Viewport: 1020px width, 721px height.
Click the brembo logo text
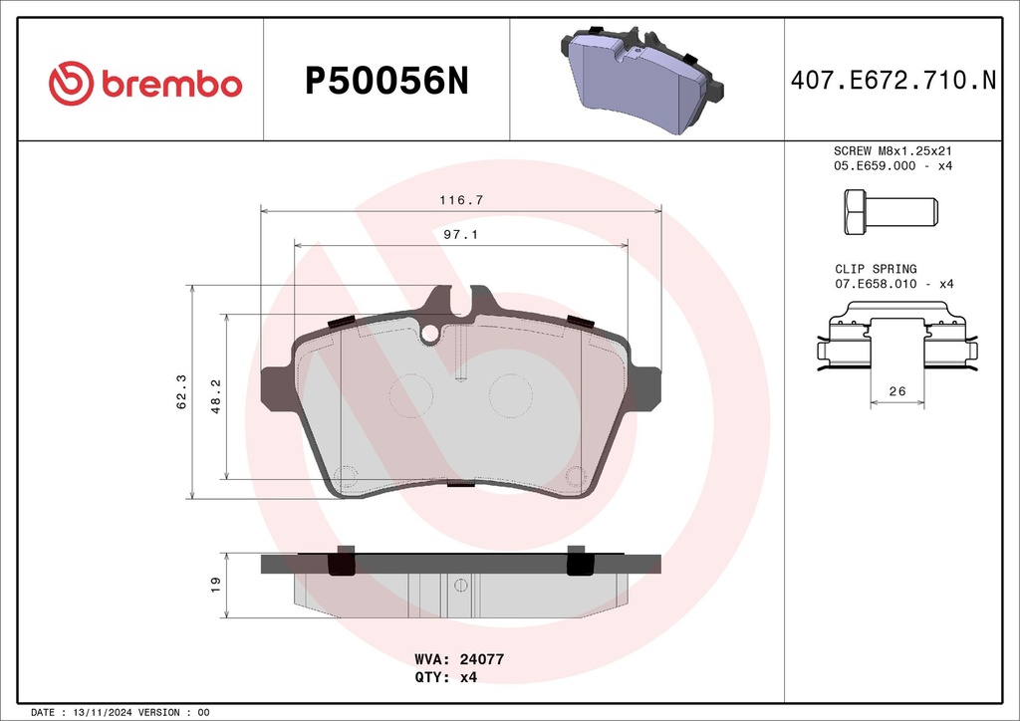point(171,85)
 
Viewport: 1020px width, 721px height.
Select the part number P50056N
point(386,81)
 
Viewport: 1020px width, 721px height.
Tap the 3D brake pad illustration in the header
point(641,80)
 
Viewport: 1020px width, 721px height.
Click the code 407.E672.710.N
point(893,80)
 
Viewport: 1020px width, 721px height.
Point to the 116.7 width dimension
point(461,200)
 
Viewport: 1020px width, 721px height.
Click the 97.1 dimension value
point(460,234)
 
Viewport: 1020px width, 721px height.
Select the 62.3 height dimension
point(181,391)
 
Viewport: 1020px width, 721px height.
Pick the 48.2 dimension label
point(216,396)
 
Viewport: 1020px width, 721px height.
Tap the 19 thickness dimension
point(216,584)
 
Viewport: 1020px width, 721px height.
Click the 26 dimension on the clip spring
point(897,390)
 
